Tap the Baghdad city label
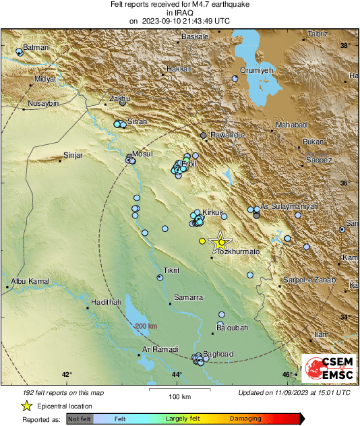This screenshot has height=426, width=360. (217, 354)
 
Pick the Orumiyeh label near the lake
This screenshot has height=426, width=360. (256, 70)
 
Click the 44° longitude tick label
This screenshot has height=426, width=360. (177, 375)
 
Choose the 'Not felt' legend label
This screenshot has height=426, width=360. (79, 419)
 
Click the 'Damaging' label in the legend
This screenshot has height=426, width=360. (245, 419)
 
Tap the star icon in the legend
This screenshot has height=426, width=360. (26, 406)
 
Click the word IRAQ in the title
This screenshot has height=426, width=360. (179, 12)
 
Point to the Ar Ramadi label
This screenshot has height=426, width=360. (160, 349)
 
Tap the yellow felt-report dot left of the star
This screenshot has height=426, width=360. (202, 241)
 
